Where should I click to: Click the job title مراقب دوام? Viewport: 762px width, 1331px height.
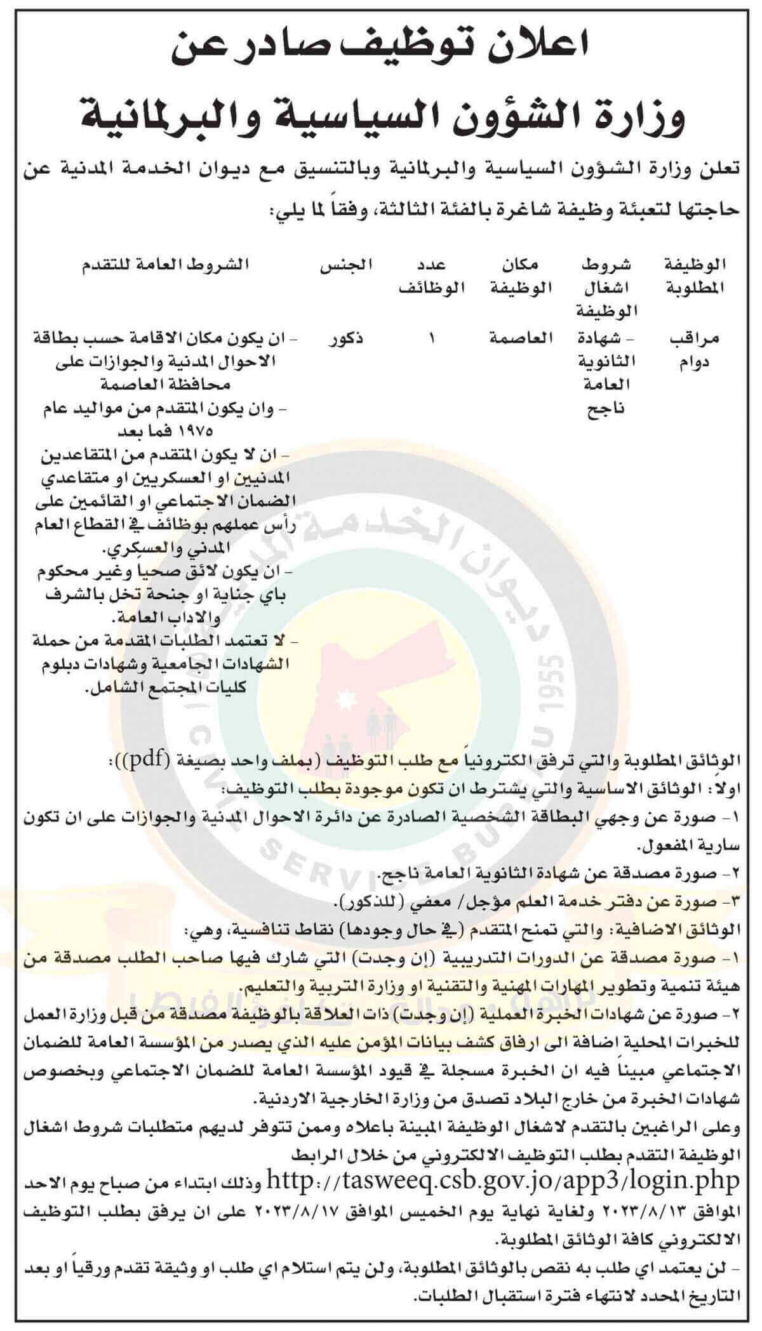694,350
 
